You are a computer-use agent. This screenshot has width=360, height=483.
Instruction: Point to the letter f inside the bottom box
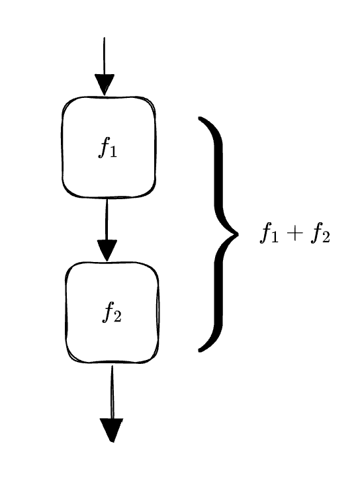(x=108, y=312)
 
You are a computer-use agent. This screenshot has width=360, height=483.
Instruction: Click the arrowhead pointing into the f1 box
(x=105, y=85)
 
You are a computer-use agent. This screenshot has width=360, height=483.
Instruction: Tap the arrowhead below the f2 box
(x=112, y=430)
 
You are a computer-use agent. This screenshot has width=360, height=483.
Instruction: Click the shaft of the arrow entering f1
(x=104, y=56)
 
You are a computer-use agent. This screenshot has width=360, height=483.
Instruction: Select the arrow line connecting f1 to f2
(x=107, y=219)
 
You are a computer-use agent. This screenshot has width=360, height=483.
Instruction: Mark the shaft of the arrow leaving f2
(x=112, y=392)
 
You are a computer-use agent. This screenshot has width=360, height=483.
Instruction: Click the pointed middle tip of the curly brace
(x=238, y=234)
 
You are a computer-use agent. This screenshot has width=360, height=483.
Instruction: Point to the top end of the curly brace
(x=200, y=118)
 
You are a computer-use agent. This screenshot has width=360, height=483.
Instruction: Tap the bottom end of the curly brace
(x=200, y=349)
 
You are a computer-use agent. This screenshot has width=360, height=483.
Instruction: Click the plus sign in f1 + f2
(x=294, y=234)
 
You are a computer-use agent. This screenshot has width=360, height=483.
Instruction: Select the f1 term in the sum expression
(x=269, y=234)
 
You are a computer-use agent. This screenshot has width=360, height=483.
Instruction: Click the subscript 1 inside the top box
(x=113, y=152)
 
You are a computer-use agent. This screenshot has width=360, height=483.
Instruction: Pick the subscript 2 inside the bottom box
(x=117, y=317)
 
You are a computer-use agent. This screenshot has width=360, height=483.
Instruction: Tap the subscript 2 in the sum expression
(x=326, y=238)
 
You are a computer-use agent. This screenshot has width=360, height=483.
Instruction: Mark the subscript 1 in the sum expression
(x=275, y=238)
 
